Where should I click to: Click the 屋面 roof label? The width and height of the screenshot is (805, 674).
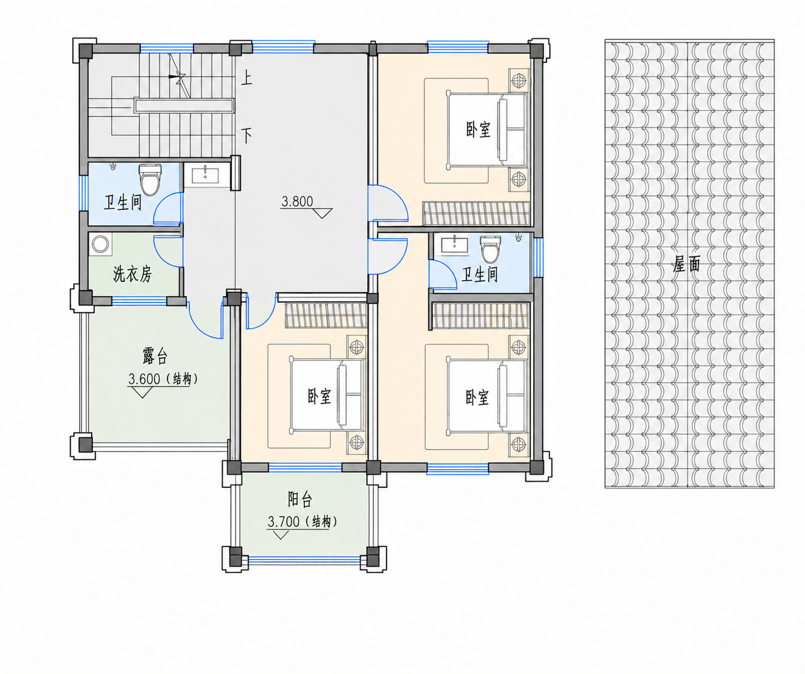pyautogui.click(x=686, y=264)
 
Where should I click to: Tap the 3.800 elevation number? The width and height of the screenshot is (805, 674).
pyautogui.click(x=297, y=201)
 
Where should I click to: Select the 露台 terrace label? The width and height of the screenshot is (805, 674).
pyautogui.click(x=155, y=356)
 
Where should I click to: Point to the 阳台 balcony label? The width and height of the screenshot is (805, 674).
pyautogui.click(x=300, y=499)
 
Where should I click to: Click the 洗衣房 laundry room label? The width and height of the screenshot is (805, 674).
pyautogui.click(x=132, y=274)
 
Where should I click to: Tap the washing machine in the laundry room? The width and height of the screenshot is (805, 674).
pyautogui.click(x=100, y=244)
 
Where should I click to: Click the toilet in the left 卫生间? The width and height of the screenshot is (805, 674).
pyautogui.click(x=150, y=180)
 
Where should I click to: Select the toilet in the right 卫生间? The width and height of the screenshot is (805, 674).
pyautogui.click(x=490, y=249)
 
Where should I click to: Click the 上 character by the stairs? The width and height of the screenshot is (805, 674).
pyautogui.click(x=246, y=78)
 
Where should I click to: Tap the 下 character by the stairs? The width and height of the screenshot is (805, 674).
pyautogui.click(x=246, y=135)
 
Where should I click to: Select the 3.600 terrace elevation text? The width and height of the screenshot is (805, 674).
pyautogui.click(x=144, y=379)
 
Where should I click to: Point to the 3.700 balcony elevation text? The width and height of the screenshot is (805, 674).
pyautogui.click(x=283, y=522)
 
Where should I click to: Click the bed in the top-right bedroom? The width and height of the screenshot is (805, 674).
pyautogui.click(x=487, y=130)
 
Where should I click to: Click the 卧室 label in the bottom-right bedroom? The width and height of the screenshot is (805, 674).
pyautogui.click(x=477, y=397)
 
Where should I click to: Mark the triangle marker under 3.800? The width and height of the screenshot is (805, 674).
pyautogui.click(x=322, y=213)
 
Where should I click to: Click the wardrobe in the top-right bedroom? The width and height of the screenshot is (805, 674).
pyautogui.click(x=476, y=213)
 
